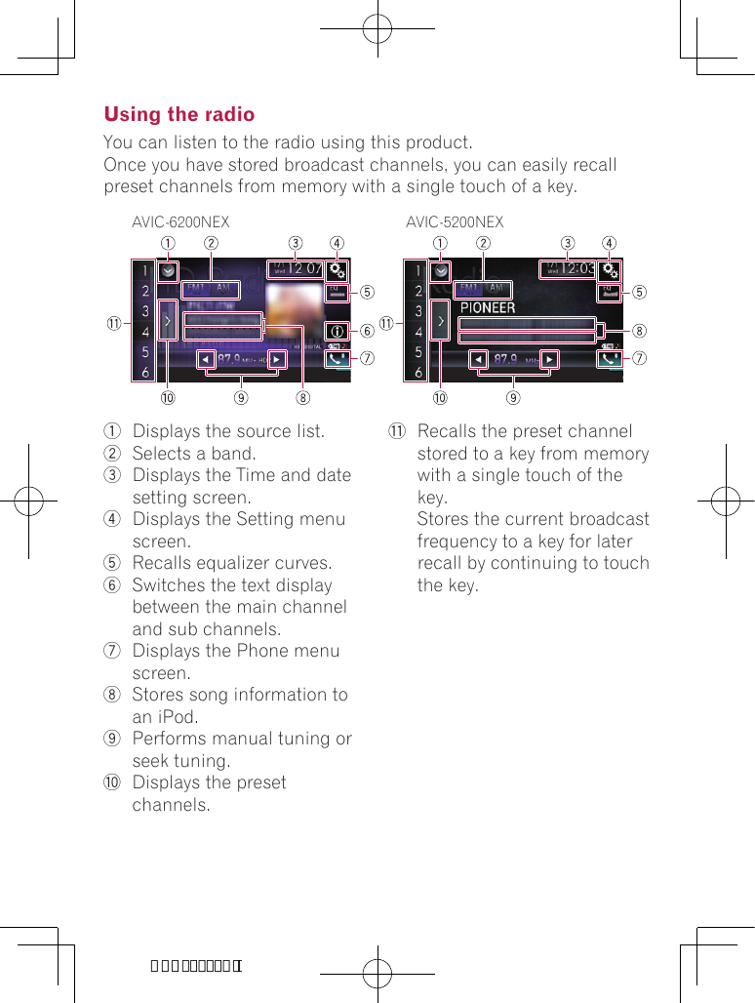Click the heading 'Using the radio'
(x=179, y=114)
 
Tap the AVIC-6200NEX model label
(x=180, y=222)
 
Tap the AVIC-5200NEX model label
(x=455, y=222)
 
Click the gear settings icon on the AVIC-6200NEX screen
(x=338, y=269)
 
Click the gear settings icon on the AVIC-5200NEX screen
(x=610, y=269)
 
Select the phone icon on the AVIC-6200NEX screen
(x=338, y=358)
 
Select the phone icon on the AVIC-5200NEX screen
(x=610, y=358)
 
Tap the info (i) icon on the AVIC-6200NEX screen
(x=338, y=331)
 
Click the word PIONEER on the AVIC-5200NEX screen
(x=488, y=307)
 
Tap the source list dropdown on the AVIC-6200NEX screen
(x=168, y=270)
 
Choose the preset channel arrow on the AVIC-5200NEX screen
(x=441, y=320)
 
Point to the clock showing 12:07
(x=296, y=268)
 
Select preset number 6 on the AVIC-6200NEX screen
(x=145, y=373)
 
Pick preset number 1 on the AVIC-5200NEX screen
(x=418, y=270)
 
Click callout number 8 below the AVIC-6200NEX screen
(x=303, y=398)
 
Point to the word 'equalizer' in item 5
(x=240, y=564)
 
